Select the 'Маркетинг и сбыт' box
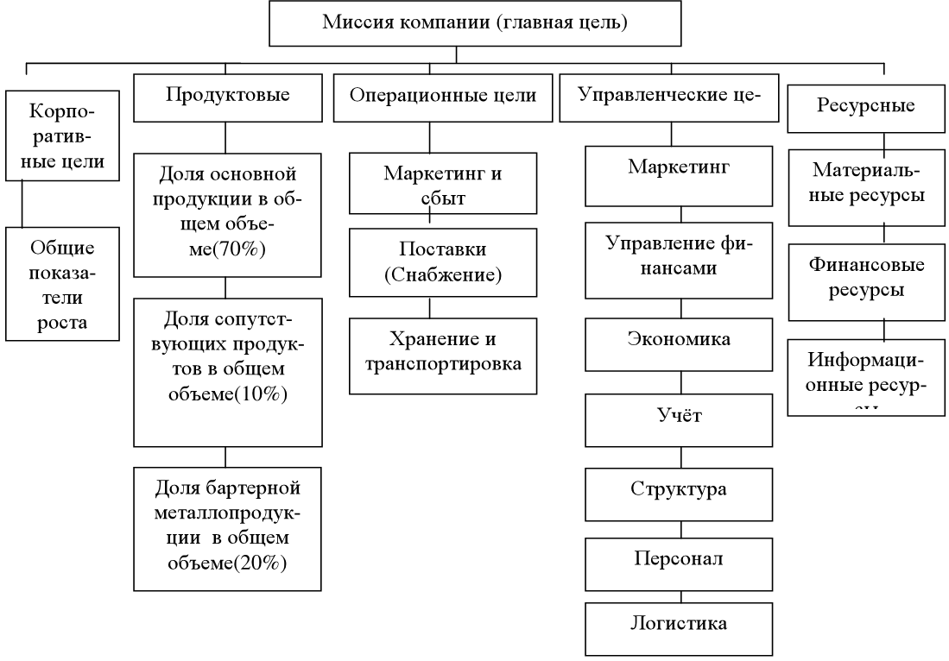point(443,183)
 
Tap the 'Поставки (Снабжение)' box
point(443,261)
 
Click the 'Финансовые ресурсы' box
point(864,278)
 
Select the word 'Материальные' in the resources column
point(864,175)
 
